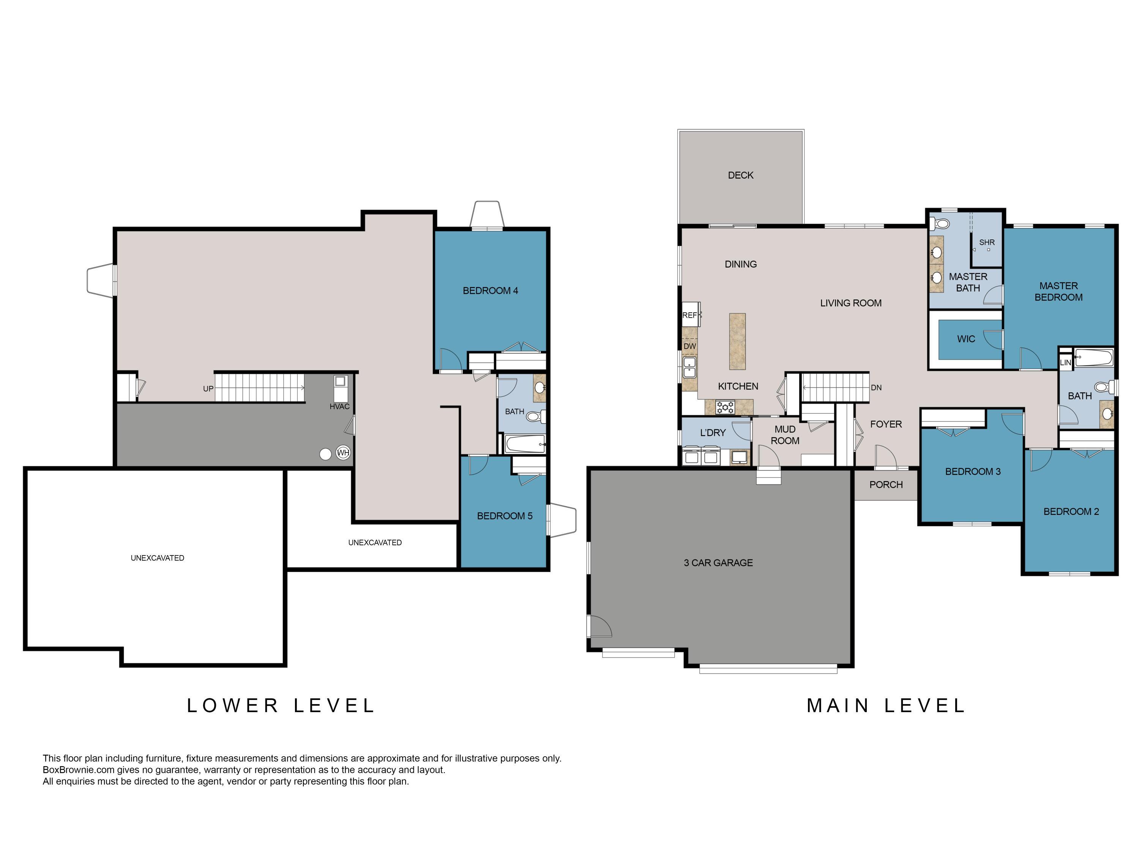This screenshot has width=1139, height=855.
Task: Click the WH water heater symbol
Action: point(343,453)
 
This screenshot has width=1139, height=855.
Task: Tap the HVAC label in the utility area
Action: point(339,407)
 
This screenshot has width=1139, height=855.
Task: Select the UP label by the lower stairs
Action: point(208,389)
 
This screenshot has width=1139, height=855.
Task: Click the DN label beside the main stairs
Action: point(876,388)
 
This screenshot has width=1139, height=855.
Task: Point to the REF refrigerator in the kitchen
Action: point(690,315)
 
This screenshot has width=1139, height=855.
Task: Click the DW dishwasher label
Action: point(689,346)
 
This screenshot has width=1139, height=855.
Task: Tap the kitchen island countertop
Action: point(737,341)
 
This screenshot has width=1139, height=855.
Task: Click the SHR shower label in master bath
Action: point(987,242)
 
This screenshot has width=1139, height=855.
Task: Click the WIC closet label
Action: point(966,339)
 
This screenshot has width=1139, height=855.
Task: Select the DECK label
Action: point(740,175)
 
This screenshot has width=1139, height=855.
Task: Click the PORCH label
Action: point(886,484)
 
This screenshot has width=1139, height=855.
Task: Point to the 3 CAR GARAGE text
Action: point(718,563)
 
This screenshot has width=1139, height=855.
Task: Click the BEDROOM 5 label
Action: point(504,516)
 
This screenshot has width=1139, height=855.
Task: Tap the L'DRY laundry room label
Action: point(713,433)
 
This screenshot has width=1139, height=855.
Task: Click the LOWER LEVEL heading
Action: point(281,706)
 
